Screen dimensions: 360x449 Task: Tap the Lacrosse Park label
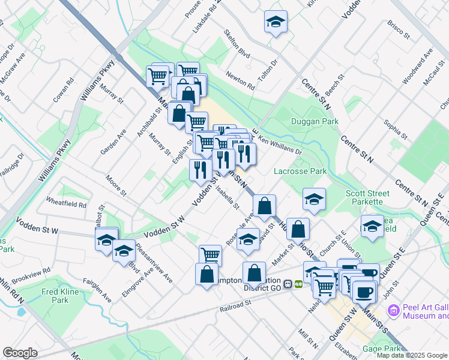pos(300,172)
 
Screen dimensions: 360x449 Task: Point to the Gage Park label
pos(381,349)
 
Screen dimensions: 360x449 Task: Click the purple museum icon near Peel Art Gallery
pos(393,310)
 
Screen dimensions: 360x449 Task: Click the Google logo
pos(20,353)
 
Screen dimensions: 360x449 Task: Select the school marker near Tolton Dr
pos(276,23)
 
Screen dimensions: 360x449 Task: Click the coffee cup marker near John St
pos(363,292)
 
